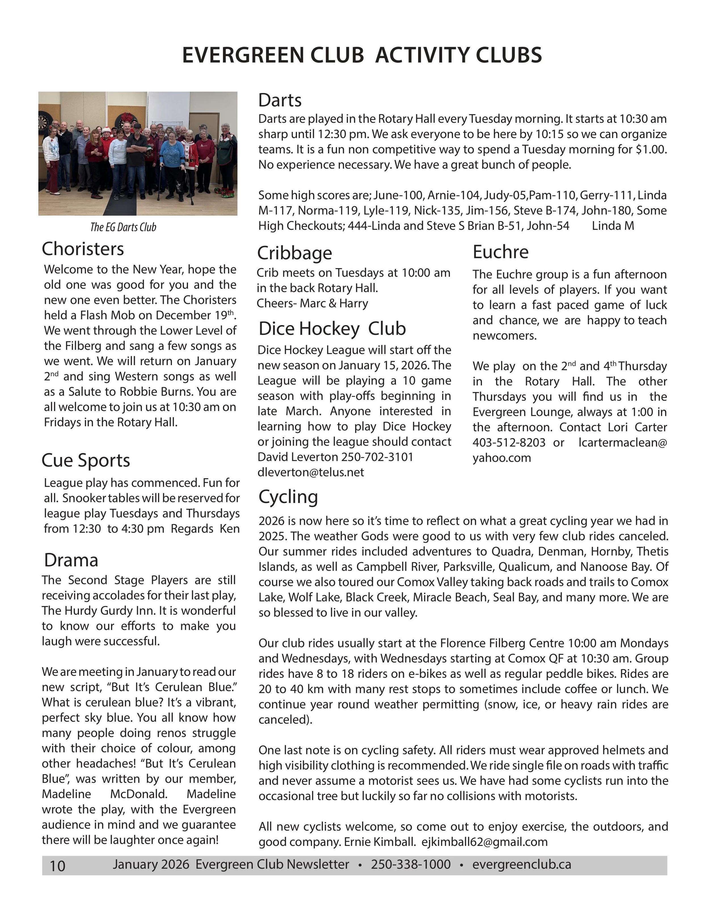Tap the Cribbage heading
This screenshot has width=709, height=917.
pyautogui.click(x=294, y=253)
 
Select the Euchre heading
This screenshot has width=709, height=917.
pyautogui.click(x=500, y=252)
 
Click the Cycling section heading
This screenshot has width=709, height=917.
pyautogui.click(x=288, y=497)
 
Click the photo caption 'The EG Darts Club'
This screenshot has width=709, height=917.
pyautogui.click(x=123, y=227)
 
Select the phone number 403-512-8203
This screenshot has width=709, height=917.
pyautogui.click(x=509, y=442)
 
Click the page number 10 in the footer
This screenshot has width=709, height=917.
pyautogui.click(x=58, y=866)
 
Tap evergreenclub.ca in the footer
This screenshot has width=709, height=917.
pyautogui.click(x=521, y=865)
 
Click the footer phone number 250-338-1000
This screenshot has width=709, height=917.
pyautogui.click(x=410, y=865)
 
